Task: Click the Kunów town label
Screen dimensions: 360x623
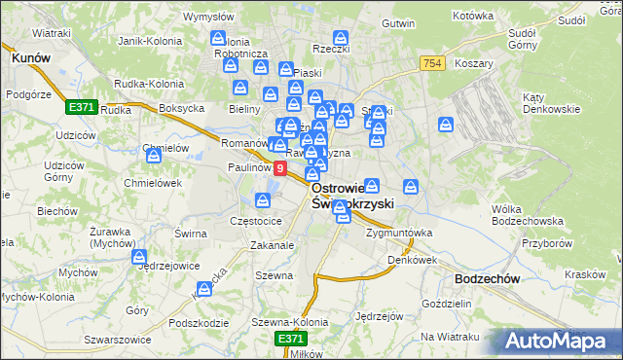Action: [x=30, y=58]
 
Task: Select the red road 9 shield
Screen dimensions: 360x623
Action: [x=280, y=169]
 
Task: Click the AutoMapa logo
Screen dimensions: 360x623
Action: [x=559, y=340]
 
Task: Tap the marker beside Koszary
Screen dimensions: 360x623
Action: [x=446, y=125]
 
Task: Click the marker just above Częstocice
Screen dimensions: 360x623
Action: [x=262, y=200]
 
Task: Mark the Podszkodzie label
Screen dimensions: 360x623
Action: [x=198, y=323]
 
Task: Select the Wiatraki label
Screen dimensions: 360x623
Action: [x=52, y=34]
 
